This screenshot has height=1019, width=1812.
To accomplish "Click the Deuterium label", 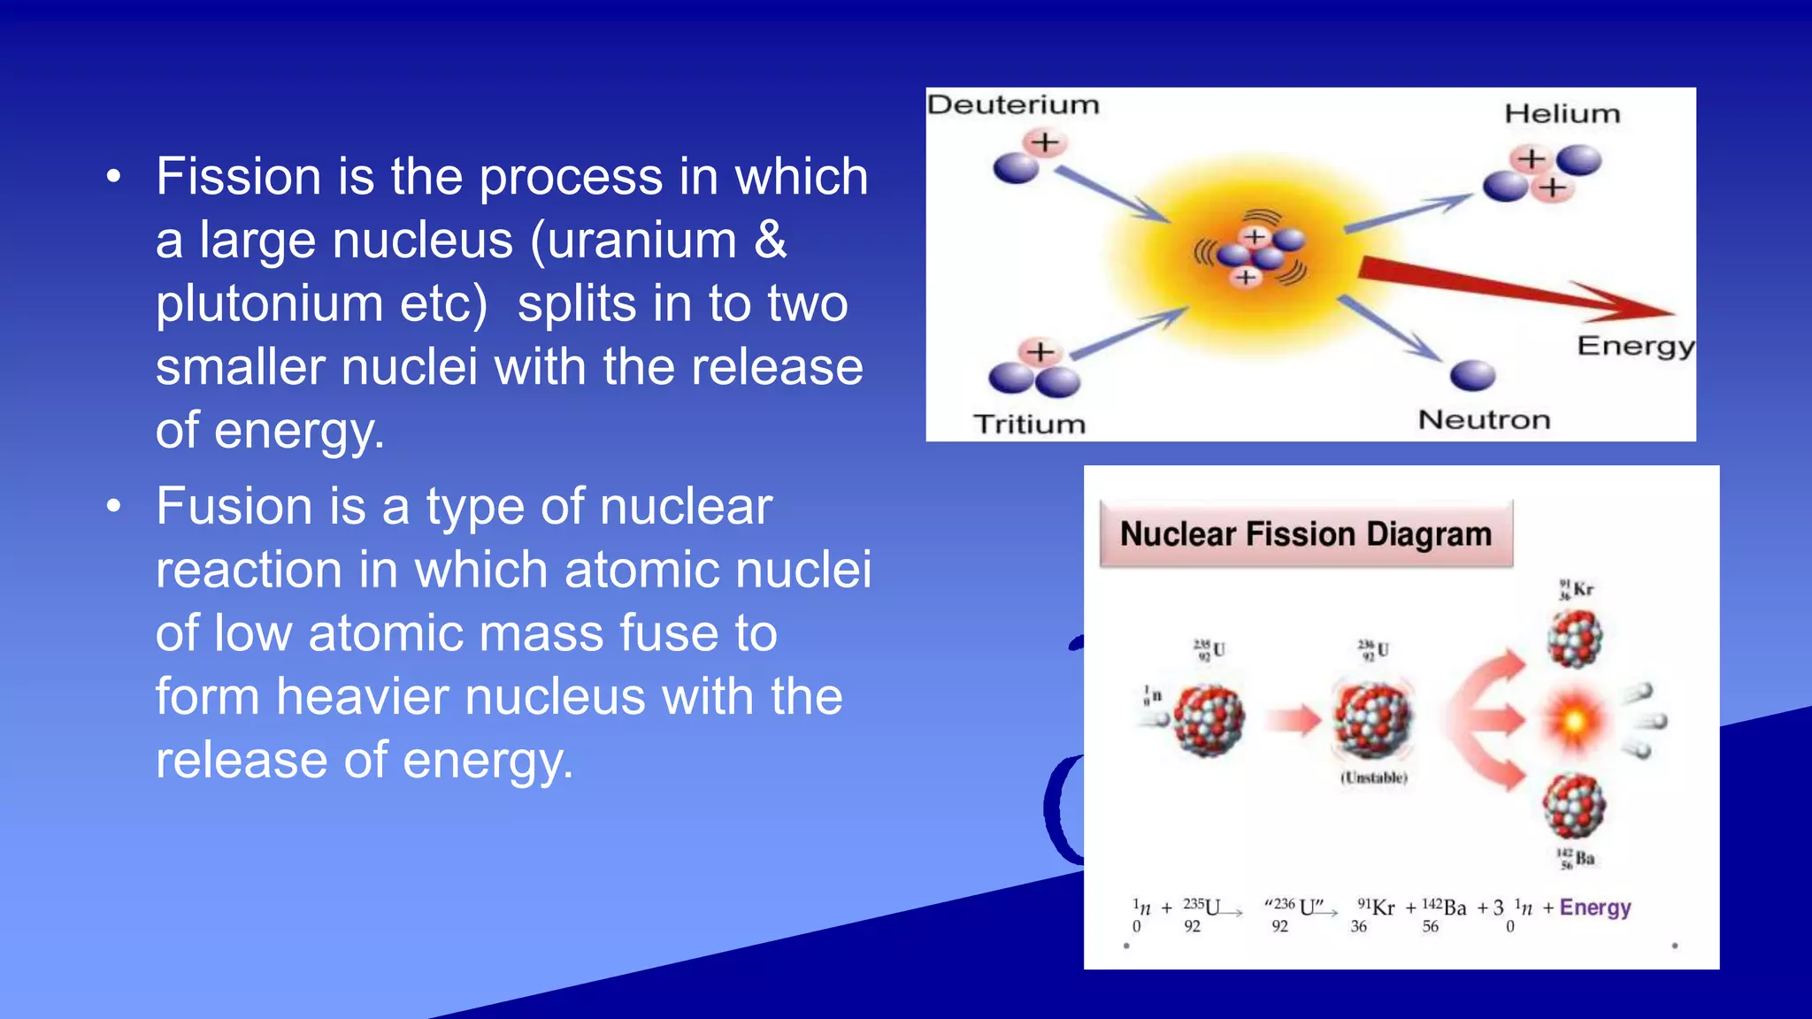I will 1013,104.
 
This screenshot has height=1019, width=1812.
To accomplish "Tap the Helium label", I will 1562,113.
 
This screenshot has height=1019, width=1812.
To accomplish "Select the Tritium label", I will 1029,424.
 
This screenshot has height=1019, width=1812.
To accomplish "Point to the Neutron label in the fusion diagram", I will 1484,419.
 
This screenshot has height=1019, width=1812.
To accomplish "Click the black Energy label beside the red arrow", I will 1635,345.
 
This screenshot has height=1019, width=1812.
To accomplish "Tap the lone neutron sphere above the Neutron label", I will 1472,375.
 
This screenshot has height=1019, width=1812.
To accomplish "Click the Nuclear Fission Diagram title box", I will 1306,534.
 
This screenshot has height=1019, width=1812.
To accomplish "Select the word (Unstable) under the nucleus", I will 1374,778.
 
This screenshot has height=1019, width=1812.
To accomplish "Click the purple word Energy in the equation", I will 1595,908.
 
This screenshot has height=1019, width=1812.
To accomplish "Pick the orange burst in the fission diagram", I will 1574,721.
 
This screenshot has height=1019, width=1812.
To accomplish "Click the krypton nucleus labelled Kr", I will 1575,638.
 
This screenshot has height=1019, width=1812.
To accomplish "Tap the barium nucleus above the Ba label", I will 1574,806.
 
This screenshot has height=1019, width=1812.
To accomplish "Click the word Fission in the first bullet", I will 238,176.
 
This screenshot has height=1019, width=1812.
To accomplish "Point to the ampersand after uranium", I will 770,240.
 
